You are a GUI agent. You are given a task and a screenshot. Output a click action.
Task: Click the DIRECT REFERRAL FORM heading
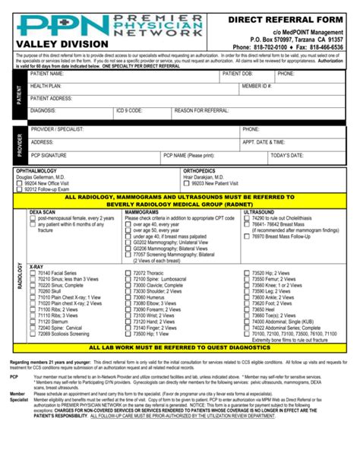pyautogui.click(x=292, y=17)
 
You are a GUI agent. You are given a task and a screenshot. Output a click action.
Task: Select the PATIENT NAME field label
pyautogui.click(x=49, y=74)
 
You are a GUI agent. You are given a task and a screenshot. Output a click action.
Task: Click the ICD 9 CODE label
pyautogui.click(x=129, y=111)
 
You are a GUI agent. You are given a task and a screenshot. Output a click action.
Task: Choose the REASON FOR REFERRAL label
pyautogui.click(x=201, y=111)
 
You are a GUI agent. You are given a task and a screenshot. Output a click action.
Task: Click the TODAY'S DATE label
pyautogui.click(x=286, y=155)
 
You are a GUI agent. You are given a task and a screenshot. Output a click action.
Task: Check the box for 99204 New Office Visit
pyautogui.click(x=21, y=183)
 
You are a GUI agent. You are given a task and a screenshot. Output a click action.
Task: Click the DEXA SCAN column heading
pyautogui.click(x=43, y=211)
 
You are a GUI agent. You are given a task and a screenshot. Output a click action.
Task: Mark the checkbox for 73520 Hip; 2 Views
pyautogui.click(x=246, y=272)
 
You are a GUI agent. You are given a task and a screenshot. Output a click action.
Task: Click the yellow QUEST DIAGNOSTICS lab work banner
pyautogui.click(x=179, y=347)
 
